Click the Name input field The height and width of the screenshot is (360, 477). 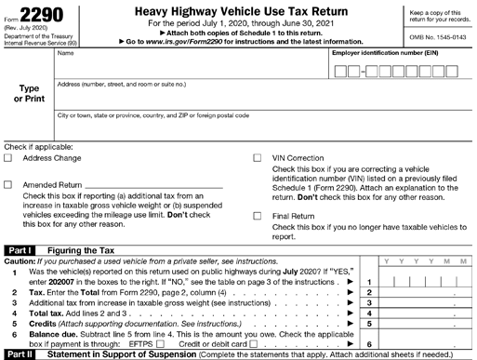coord(191,67)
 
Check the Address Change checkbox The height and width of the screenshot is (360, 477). coord(8,158)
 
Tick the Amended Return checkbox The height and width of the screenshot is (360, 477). coord(8,183)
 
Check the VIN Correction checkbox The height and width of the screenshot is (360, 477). coord(258,158)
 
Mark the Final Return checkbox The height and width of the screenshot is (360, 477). coord(258,216)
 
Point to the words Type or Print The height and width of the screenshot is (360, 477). coord(28,93)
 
